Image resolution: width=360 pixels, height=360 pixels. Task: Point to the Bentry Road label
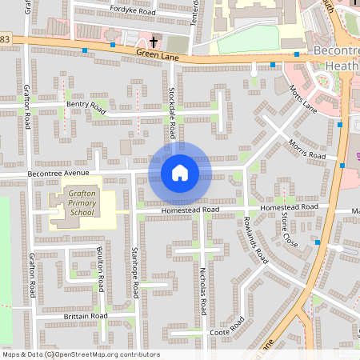[x=86, y=104]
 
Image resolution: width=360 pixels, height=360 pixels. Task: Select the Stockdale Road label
[x=172, y=104]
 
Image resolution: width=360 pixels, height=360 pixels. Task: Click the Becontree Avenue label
[x=58, y=173]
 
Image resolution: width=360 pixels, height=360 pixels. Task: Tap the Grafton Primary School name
[x=82, y=203]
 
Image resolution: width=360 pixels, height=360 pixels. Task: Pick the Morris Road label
[x=307, y=149]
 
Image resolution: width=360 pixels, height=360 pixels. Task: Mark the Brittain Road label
[x=86, y=317]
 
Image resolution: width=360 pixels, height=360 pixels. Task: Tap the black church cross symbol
[x=153, y=41]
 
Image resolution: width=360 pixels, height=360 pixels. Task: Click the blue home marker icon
[x=179, y=173]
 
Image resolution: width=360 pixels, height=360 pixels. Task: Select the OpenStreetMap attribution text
[x=80, y=354]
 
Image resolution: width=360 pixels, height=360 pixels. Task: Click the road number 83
[x=6, y=39]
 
